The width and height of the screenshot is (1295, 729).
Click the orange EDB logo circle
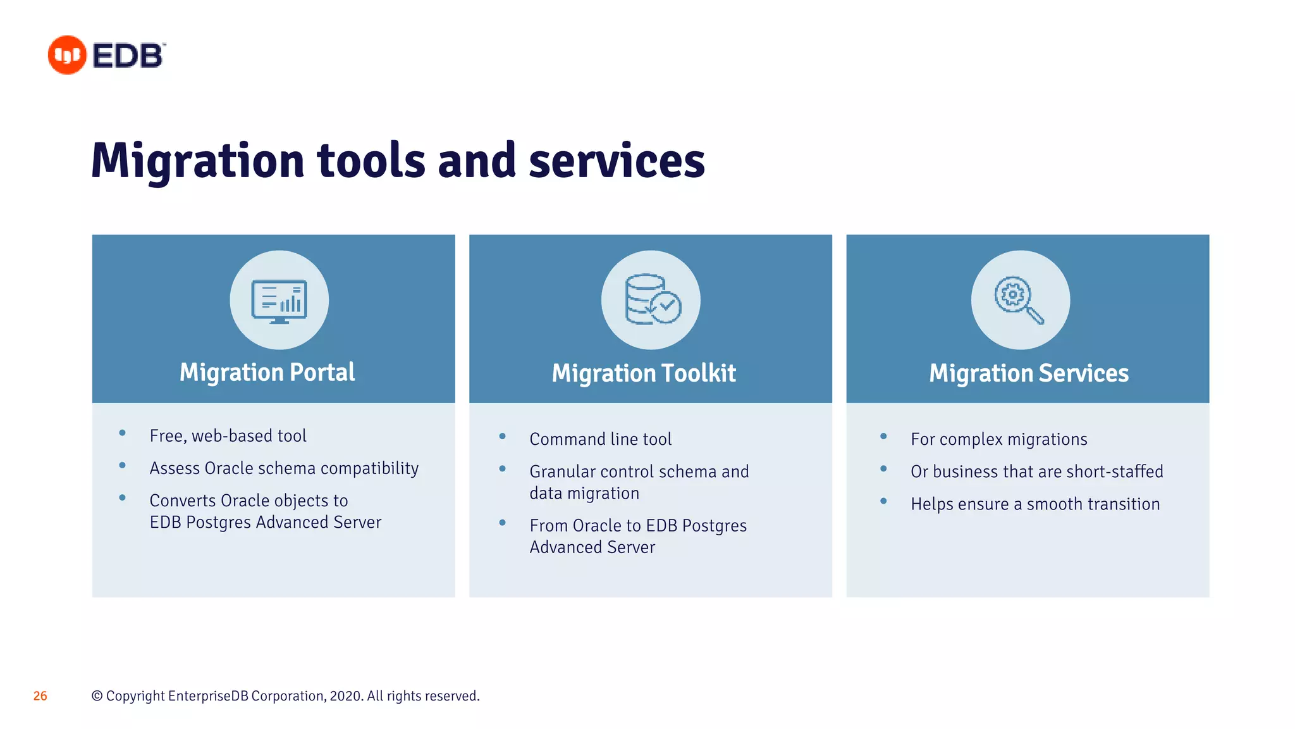pos(67,55)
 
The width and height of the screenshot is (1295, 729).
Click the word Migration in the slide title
pos(198,161)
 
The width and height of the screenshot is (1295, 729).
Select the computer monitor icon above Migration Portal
pos(279,301)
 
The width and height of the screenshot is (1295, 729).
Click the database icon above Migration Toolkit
pos(651,300)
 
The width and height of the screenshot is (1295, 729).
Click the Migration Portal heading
pos(267,372)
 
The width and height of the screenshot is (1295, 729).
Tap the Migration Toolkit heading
pos(644,373)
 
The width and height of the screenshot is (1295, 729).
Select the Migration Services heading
pos(1028,373)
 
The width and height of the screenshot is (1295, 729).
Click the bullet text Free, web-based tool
pos(228,436)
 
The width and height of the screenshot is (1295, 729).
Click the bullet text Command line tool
pos(600,439)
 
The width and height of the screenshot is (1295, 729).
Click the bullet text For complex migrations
pos(998,439)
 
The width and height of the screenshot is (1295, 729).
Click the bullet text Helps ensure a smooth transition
pos(1034,504)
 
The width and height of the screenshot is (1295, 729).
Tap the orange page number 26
pos(40,696)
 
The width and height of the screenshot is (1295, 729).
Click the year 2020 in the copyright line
pos(345,696)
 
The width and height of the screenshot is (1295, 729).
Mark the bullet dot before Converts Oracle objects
pos(122,498)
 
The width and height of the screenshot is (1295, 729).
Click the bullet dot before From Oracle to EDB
pos(502,523)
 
